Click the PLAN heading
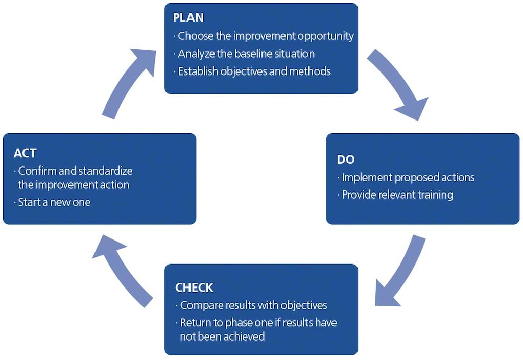(188, 18)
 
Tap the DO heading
(345, 159)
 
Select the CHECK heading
(194, 287)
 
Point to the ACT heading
(25, 153)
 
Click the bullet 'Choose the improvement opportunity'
(266, 36)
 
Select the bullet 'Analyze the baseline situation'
(246, 54)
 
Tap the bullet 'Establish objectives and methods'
(254, 71)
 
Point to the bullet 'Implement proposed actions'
(408, 178)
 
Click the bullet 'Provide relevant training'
(397, 195)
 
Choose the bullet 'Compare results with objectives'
(253, 305)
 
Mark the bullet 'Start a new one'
(54, 202)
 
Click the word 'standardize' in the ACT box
(106, 171)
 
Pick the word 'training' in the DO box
(434, 195)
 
